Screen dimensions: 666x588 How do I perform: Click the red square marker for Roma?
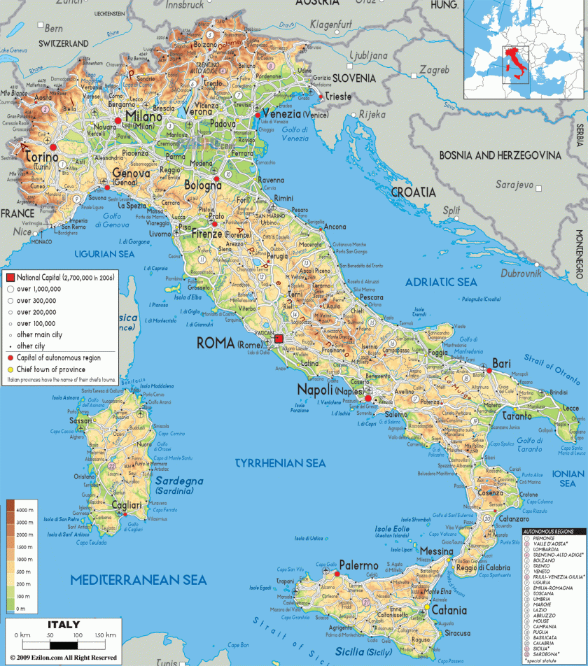(279, 339)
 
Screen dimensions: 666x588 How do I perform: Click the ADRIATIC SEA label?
(441, 282)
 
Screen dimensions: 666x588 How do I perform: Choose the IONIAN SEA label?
(568, 478)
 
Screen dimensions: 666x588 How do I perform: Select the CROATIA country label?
(413, 192)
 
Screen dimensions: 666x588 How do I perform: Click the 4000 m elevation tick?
(25, 509)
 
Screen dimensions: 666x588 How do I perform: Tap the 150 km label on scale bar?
(105, 635)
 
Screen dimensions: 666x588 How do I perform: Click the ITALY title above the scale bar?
(63, 624)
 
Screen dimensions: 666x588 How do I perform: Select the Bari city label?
(502, 363)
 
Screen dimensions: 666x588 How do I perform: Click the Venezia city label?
(281, 113)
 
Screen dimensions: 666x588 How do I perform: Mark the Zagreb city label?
(435, 71)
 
